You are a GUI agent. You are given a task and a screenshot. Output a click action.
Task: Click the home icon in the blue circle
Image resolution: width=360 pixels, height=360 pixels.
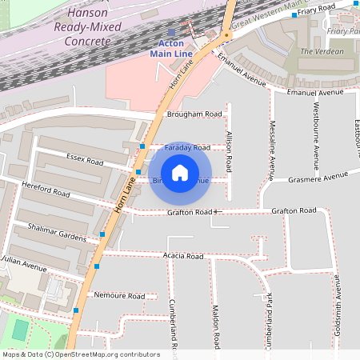point(180,173)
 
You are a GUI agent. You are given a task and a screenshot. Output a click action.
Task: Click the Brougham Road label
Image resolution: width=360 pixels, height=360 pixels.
point(194,114)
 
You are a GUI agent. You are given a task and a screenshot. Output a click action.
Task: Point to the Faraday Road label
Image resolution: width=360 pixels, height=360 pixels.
point(186,148)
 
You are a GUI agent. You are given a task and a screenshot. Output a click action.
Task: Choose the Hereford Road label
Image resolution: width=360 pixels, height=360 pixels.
point(46,192)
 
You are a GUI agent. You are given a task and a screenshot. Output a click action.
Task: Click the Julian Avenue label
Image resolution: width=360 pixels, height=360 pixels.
point(24,262)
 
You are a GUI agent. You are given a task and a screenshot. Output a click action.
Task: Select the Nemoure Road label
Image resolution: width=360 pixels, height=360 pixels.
point(119,296)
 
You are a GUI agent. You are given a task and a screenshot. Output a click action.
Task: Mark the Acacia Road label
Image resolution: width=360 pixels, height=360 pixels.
point(183,256)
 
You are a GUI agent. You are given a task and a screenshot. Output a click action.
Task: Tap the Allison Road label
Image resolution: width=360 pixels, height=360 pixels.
point(229,152)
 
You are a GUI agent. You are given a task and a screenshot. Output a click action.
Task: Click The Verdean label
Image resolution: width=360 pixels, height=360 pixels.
point(322,52)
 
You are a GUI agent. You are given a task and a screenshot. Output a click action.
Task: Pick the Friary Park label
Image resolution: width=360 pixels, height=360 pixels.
point(343,31)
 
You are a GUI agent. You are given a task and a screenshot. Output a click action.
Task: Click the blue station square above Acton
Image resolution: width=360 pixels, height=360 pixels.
point(171,32)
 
